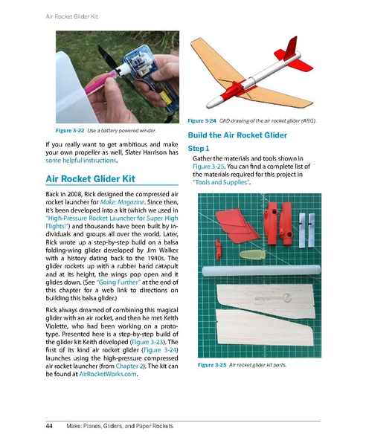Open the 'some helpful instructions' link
pyautogui.click(x=80, y=161)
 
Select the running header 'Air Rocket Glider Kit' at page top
pyautogui.click(x=60, y=13)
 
